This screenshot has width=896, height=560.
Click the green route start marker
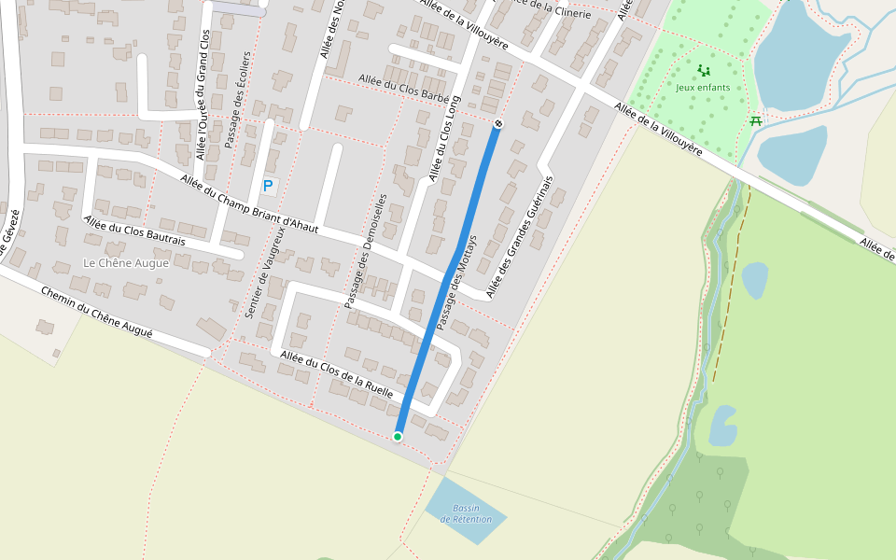click(x=398, y=437)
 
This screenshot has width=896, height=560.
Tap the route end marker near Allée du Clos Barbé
click(x=498, y=123)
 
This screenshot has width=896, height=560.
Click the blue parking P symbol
click(x=268, y=187)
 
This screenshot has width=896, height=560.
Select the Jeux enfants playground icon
click(x=704, y=71)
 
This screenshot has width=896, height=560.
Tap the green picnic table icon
click(x=756, y=120)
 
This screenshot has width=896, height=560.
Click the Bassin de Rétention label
click(x=466, y=513)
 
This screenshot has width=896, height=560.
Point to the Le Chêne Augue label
click(x=126, y=263)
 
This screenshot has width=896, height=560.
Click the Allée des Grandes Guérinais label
click(x=519, y=236)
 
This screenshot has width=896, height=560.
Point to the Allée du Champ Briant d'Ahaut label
click(x=249, y=204)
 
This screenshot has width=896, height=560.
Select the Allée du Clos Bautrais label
click(x=134, y=231)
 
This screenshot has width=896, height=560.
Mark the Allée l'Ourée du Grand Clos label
click(x=202, y=93)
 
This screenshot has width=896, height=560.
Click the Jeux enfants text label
click(x=704, y=88)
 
